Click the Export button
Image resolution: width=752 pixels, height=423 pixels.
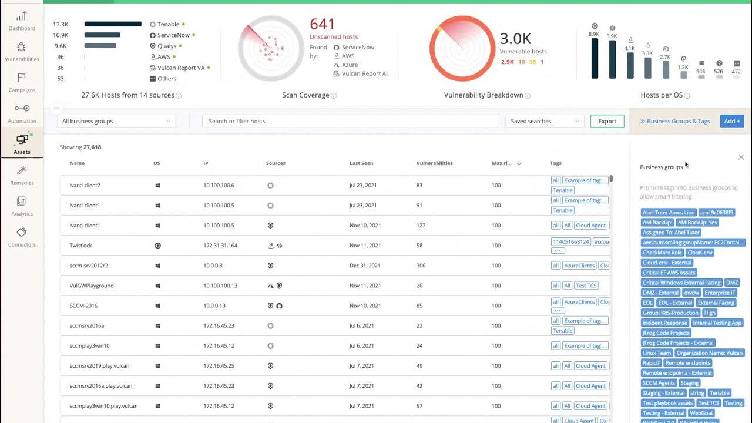pyautogui.click(x=607, y=121)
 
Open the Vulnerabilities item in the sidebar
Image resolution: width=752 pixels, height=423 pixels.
pyautogui.click(x=22, y=52)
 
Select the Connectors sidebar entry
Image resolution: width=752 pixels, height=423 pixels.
pyautogui.click(x=22, y=237)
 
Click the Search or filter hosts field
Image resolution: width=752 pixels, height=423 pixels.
pyautogui.click(x=350, y=121)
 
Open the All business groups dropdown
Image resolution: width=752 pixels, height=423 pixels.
pyautogui.click(x=116, y=121)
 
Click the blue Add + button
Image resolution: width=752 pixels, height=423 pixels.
pyautogui.click(x=732, y=121)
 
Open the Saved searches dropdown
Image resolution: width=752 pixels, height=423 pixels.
pyautogui.click(x=545, y=121)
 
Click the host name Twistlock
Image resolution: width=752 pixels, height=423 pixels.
pyautogui.click(x=81, y=246)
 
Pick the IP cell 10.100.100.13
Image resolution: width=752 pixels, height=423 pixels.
pyautogui.click(x=220, y=286)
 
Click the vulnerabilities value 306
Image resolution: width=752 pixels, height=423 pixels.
pyautogui.click(x=421, y=266)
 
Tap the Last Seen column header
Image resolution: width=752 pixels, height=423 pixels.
pyautogui.click(x=361, y=163)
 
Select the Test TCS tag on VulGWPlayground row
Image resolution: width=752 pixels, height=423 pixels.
pyautogui.click(x=586, y=286)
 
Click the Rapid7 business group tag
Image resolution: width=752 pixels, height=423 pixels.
pyautogui.click(x=651, y=363)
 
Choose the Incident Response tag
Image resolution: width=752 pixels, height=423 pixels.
pyautogui.click(x=664, y=323)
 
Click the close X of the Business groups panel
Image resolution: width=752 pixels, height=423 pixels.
pyautogui.click(x=741, y=157)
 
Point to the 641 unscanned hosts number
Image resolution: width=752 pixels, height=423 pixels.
pyautogui.click(x=323, y=24)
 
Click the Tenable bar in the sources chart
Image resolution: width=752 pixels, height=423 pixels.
pyautogui.click(x=113, y=24)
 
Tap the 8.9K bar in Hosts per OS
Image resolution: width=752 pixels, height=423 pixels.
pyautogui.click(x=595, y=58)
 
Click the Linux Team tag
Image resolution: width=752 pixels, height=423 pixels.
pyautogui.click(x=656, y=353)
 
